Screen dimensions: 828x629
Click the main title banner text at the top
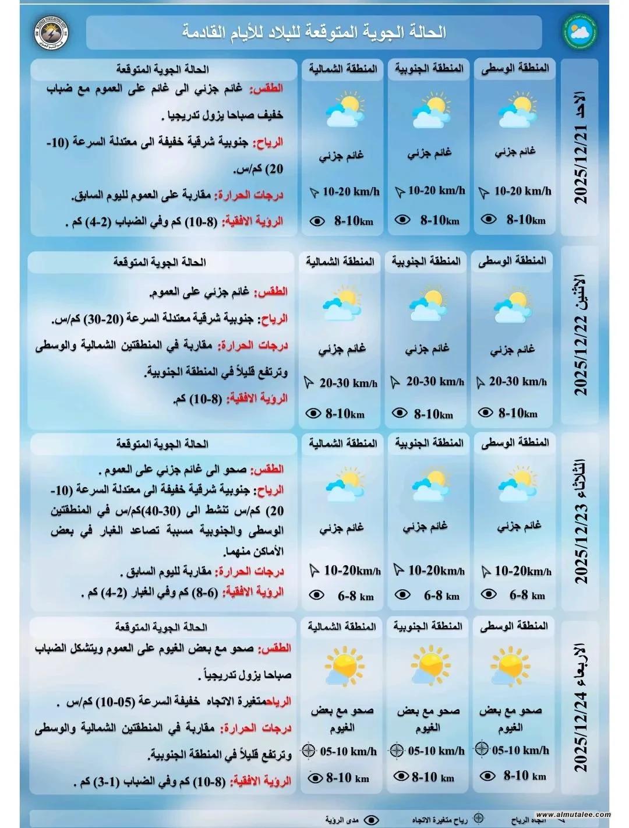[x=314, y=32]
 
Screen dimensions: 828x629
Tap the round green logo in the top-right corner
[x=579, y=31]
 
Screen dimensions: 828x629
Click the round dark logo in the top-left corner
[x=51, y=33]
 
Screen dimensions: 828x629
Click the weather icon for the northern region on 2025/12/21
[x=343, y=110]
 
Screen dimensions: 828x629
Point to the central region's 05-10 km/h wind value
[x=520, y=750]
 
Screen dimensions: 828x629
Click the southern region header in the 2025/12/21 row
[x=429, y=69]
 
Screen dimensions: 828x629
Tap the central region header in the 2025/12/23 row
[x=515, y=443]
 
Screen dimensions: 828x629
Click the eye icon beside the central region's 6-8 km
[x=488, y=595]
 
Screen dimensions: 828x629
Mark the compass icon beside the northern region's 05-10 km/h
[x=309, y=751]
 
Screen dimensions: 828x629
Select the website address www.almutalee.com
[x=573, y=815]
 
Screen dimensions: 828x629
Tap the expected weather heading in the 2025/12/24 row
[x=161, y=627]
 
